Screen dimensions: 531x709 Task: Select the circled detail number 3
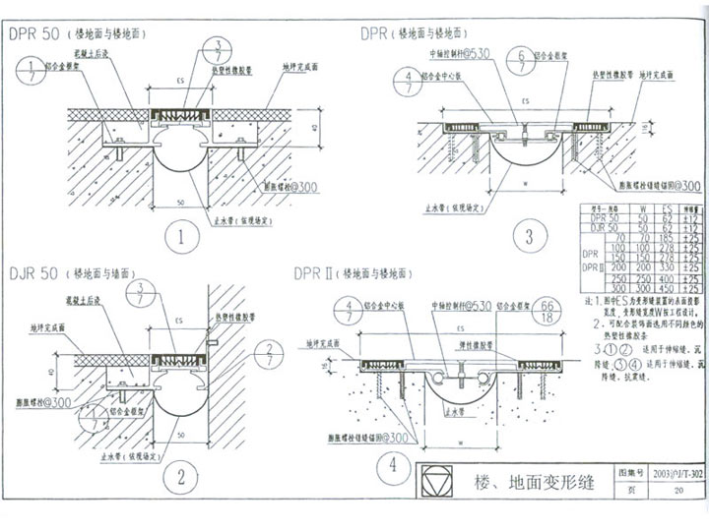pos(529,237)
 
